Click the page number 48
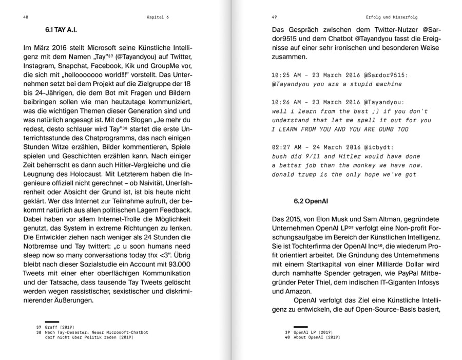tap(26, 17)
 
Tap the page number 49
tap(274, 17)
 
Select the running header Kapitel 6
tap(157, 17)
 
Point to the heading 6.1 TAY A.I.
tap(61, 30)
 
